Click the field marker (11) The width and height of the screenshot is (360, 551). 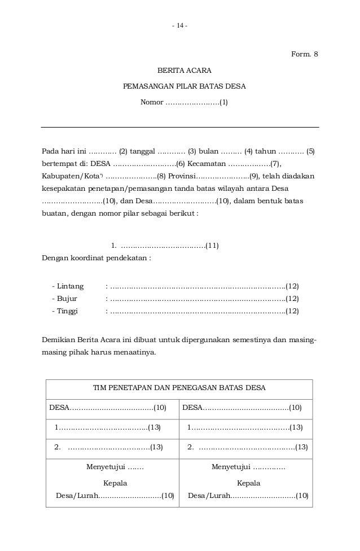coord(212,245)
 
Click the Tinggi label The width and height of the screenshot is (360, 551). coord(68,311)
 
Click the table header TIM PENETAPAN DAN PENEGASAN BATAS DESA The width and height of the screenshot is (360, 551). coord(179,388)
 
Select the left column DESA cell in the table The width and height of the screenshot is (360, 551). coord(108,407)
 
